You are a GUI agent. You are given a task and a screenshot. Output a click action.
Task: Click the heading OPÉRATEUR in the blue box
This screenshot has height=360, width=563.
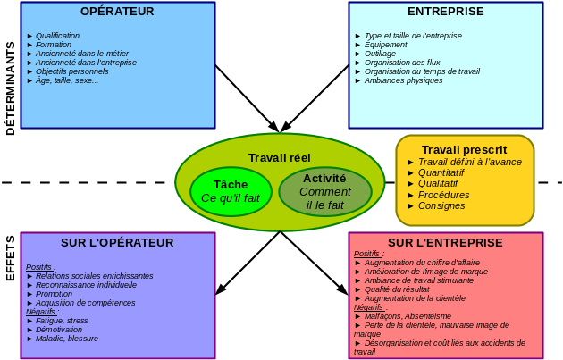(x=117, y=12)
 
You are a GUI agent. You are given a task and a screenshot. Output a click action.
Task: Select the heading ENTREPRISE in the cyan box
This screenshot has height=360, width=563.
(x=445, y=12)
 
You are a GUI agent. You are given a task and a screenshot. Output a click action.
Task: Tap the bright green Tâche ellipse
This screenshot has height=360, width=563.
(x=231, y=190)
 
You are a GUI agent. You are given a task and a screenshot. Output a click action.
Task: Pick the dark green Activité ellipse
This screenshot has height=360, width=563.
(x=324, y=191)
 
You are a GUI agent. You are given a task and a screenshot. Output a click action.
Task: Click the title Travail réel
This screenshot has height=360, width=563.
(x=280, y=157)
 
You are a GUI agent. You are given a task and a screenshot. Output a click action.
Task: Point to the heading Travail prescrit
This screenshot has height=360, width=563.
(x=464, y=149)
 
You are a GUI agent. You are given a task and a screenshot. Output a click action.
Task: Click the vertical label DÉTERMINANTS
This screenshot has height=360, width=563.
(x=11, y=88)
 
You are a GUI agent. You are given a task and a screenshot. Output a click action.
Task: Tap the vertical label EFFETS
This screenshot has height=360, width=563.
(x=11, y=258)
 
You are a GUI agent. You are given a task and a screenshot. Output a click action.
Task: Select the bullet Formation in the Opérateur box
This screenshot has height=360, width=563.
(x=54, y=45)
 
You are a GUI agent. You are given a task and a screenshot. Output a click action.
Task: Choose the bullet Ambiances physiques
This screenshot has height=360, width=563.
(x=403, y=80)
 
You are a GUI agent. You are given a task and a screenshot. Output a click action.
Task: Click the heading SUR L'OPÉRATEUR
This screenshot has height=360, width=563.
(x=117, y=242)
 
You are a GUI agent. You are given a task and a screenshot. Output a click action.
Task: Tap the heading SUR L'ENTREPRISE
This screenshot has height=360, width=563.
(x=445, y=242)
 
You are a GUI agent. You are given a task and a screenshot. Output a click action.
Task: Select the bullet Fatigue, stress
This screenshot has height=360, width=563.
(x=62, y=321)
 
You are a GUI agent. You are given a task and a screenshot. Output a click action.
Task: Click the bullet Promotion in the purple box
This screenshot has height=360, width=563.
(x=54, y=294)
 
